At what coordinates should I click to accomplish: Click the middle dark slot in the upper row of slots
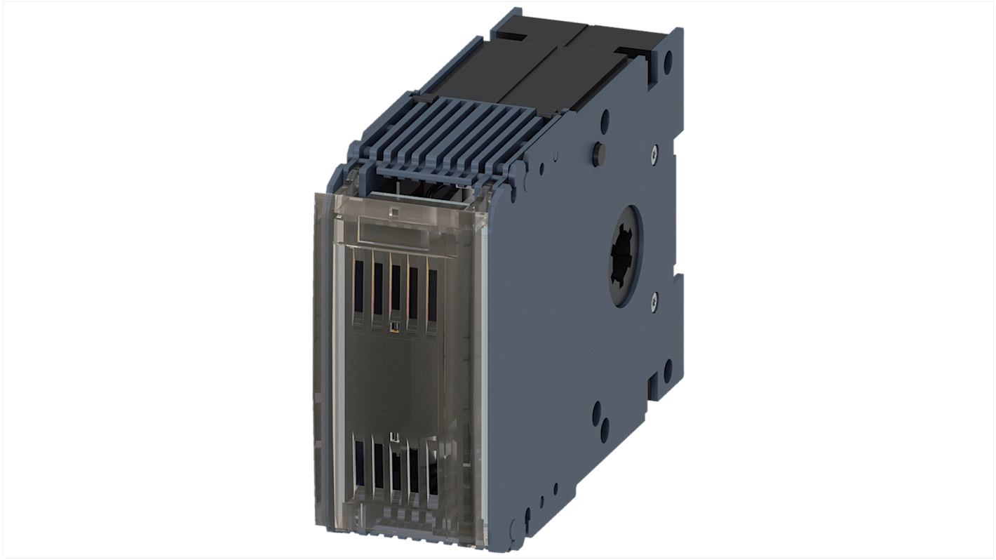pyautogui.click(x=396, y=288)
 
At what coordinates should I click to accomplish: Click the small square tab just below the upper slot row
pyautogui.click(x=394, y=326)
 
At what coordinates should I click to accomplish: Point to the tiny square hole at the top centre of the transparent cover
pyautogui.click(x=393, y=212)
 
